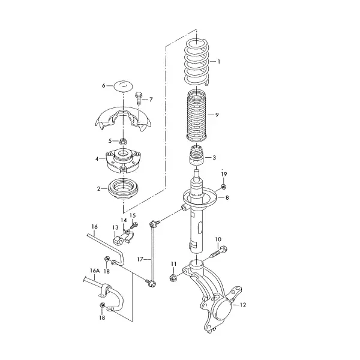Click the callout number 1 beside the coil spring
tap(219, 62)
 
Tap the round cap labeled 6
tap(124, 86)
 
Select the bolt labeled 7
tap(139, 98)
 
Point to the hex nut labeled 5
tap(124, 142)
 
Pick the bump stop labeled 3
tap(197, 155)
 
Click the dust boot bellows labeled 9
tap(197, 116)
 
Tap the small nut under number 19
tap(224, 187)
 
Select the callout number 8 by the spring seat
tap(227, 197)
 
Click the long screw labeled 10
tap(218, 252)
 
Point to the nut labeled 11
tap(173, 278)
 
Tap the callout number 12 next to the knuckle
tap(243, 305)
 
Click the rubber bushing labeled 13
tap(117, 241)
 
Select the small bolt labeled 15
tap(134, 225)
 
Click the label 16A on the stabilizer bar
tap(95, 271)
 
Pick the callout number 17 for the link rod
tap(140, 259)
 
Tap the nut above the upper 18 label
tap(106, 259)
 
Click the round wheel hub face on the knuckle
tap(223, 309)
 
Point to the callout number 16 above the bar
tap(95, 227)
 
